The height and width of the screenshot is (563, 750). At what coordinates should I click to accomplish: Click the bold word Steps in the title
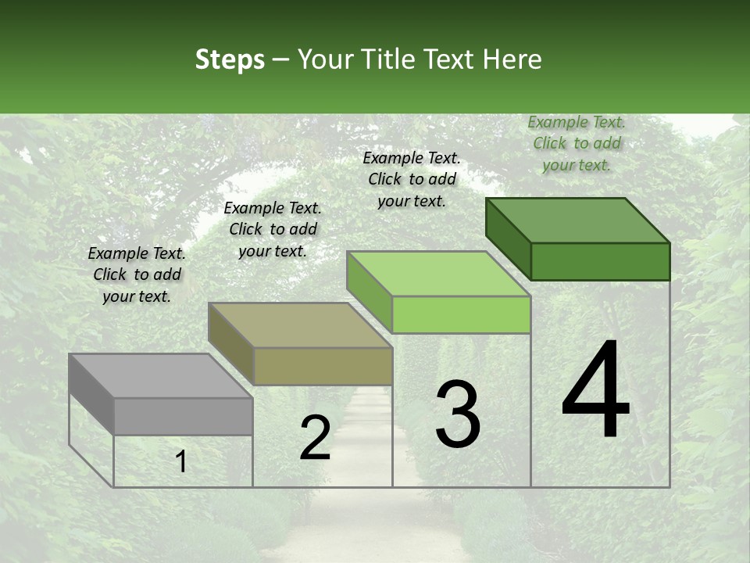click(230, 59)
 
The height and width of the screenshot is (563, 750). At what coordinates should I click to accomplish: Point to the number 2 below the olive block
click(315, 438)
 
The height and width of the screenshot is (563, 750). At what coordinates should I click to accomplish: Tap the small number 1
click(181, 461)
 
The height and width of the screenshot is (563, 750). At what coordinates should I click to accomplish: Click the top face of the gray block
click(160, 376)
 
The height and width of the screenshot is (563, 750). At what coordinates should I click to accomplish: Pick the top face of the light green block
click(438, 274)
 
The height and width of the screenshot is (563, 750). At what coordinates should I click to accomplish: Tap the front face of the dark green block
click(600, 261)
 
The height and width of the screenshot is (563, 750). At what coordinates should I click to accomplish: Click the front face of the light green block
click(461, 314)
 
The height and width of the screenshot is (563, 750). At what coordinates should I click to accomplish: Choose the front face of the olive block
click(323, 366)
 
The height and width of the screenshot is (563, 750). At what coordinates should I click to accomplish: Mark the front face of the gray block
click(183, 416)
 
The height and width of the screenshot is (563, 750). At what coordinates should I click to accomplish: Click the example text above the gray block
click(137, 274)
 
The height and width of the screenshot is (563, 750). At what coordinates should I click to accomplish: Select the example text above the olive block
click(273, 229)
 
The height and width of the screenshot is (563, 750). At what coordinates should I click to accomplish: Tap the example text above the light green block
click(412, 179)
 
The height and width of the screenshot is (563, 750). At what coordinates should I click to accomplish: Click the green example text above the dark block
click(577, 143)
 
